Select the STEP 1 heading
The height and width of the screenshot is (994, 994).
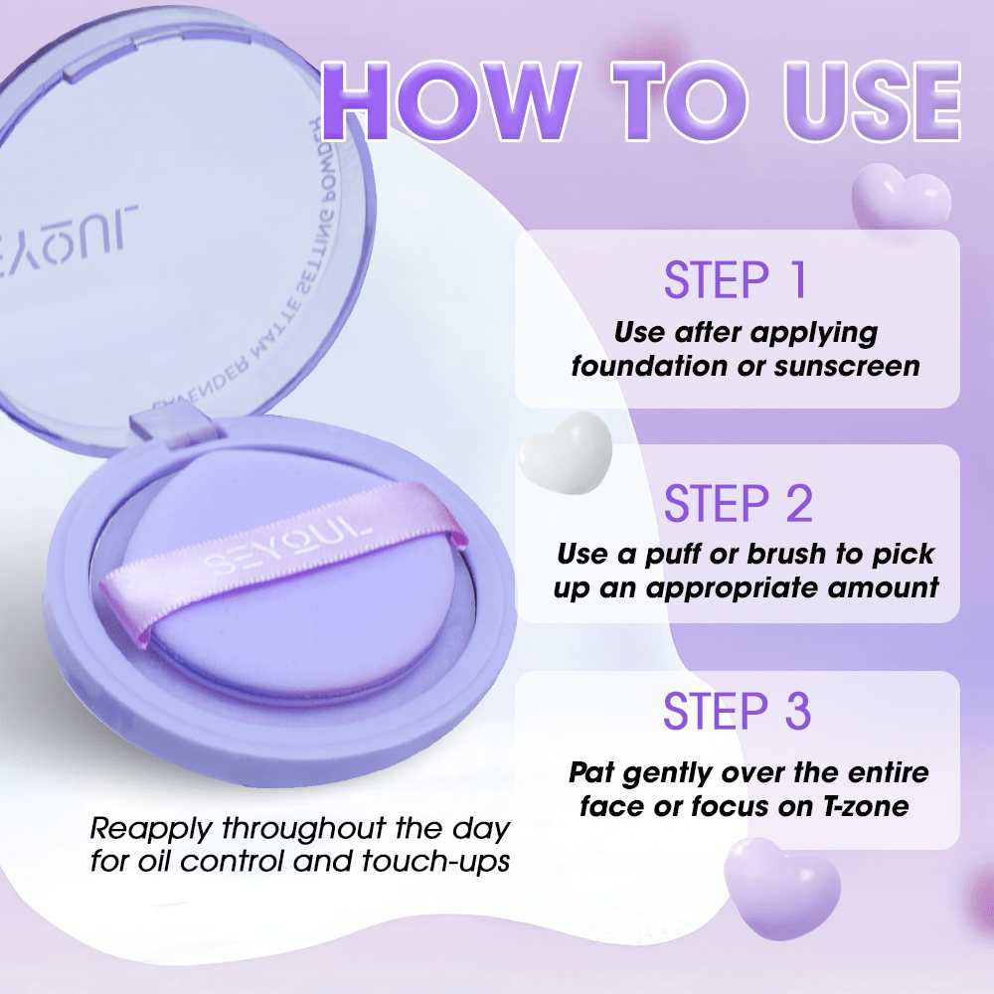[x=736, y=280]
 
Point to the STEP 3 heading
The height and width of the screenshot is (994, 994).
[x=737, y=713]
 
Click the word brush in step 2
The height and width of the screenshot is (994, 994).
[x=795, y=553]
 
